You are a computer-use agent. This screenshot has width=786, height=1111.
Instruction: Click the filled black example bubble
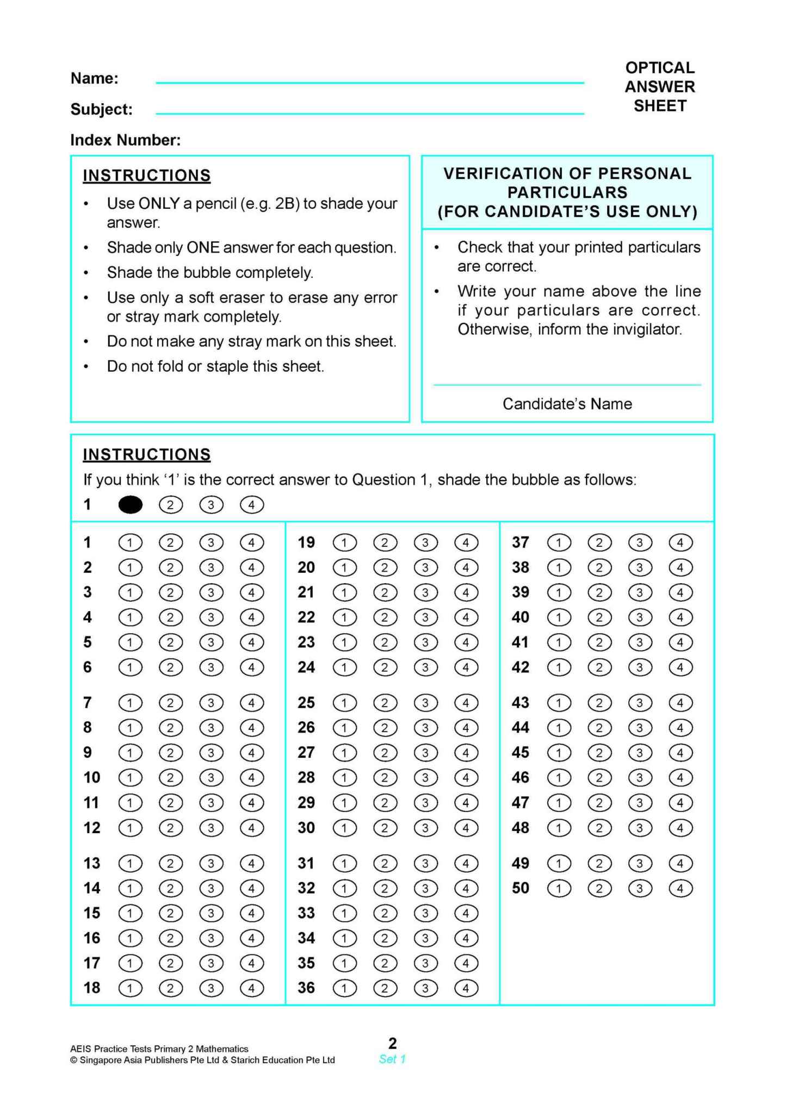tap(131, 505)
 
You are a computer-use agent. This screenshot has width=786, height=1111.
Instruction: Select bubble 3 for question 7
tap(211, 703)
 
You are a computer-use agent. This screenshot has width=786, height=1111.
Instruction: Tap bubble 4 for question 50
tap(680, 889)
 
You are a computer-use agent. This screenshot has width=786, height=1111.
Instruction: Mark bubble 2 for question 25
tap(385, 703)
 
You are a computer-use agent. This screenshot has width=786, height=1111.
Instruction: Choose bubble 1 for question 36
tap(344, 988)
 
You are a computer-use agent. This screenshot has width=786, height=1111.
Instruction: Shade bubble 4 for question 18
tap(251, 988)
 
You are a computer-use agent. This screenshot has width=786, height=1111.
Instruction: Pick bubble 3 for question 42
tap(640, 667)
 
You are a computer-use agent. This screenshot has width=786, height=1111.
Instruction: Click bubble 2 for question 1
tap(171, 542)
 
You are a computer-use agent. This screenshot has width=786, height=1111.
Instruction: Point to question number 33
tap(306, 913)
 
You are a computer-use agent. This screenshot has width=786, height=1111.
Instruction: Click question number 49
tap(521, 863)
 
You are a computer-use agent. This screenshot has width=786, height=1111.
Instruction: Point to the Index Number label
tap(126, 140)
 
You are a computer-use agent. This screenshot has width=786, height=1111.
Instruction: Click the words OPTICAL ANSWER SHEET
tap(660, 86)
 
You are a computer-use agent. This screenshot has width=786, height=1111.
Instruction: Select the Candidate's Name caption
tap(567, 404)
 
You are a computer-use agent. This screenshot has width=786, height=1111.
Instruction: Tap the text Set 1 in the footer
tap(392, 1059)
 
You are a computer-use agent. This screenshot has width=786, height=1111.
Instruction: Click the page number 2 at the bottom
tap(393, 1043)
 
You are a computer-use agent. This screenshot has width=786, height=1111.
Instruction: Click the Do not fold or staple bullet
tap(215, 366)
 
